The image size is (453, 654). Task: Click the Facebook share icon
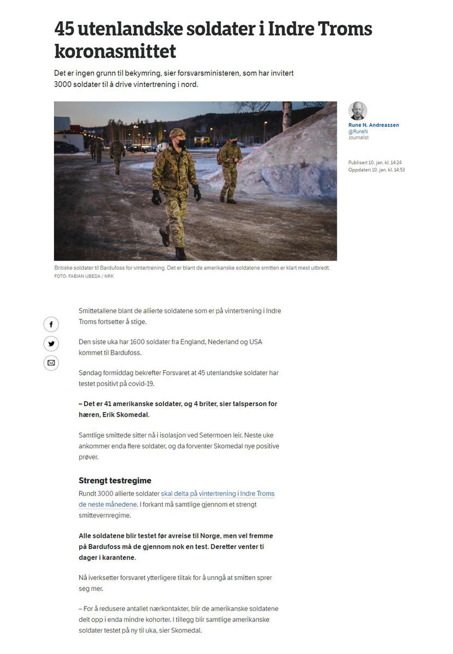(51, 325)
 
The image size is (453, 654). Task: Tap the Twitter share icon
(51, 344)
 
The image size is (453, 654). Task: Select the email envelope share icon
(51, 363)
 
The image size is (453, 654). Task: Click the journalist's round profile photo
(358, 111)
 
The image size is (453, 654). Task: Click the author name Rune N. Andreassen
(373, 125)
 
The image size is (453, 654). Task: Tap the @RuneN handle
(358, 131)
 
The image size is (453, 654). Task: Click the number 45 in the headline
(66, 28)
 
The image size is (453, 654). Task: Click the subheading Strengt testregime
(115, 481)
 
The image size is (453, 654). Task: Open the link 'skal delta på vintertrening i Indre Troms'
(218, 494)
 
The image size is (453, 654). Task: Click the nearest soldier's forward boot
(165, 238)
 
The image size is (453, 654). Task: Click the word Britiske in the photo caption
(65, 268)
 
